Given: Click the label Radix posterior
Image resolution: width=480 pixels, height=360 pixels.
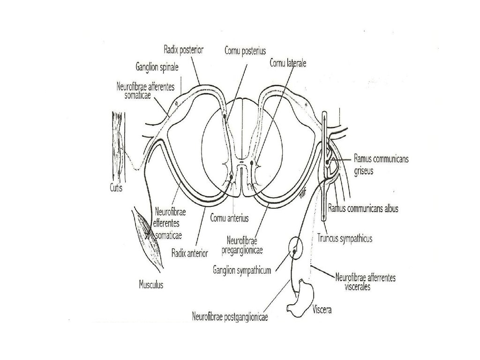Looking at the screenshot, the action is point(183,50).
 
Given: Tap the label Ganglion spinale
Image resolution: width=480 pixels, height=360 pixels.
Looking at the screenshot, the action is point(157,67).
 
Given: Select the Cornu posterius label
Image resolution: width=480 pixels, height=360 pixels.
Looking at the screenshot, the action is point(245,51).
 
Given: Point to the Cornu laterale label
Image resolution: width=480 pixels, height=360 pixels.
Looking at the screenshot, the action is point(288,63).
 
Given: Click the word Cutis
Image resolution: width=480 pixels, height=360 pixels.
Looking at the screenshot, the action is point(116,187).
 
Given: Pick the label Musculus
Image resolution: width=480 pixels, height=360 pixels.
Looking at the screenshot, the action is point(151,285).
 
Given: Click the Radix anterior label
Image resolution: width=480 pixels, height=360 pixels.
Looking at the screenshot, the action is point(189,253).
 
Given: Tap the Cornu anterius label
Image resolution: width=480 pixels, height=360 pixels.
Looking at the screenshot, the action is point(229,218).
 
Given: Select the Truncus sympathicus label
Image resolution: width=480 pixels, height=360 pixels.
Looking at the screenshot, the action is point(345,238).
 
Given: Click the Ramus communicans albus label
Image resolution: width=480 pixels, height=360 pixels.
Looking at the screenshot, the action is point(363,209).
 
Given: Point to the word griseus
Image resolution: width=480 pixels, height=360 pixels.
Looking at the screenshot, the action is point(364,171).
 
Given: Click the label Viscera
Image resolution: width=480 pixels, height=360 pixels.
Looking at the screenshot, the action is point(322,310).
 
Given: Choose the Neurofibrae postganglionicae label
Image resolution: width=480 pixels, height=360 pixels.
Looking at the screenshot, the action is point(230,316).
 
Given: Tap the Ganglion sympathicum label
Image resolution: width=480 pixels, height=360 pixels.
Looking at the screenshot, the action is point(242,270).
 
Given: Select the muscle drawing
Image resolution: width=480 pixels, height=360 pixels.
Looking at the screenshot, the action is point(149,237).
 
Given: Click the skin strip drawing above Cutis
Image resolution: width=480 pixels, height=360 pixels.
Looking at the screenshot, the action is point(117,146).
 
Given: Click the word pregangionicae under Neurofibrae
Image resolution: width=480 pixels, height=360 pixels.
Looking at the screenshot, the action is point(242,250).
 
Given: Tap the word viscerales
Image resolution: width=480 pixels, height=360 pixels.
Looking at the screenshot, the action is point(358,287).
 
